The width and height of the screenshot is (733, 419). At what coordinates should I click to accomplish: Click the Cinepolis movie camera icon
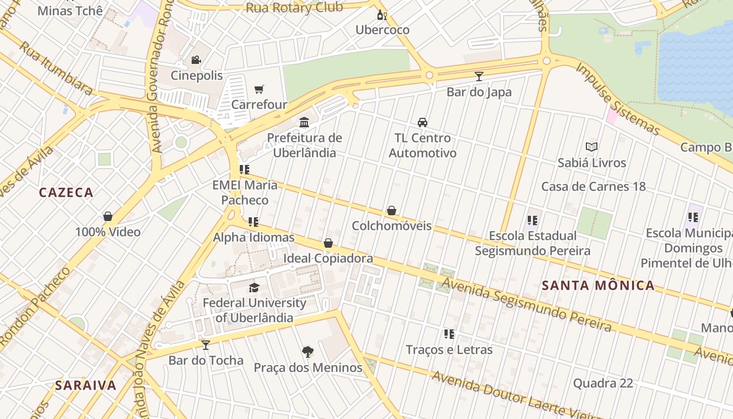[x=196, y=60]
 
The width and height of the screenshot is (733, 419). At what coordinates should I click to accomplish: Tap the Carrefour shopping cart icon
[x=259, y=89]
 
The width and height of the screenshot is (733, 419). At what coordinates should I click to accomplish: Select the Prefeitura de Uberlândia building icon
[x=304, y=123]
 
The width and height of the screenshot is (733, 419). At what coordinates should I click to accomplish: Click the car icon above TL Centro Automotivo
[x=423, y=123]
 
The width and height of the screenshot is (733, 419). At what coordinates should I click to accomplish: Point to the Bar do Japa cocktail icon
[x=479, y=76]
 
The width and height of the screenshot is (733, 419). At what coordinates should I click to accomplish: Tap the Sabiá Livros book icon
[x=592, y=147]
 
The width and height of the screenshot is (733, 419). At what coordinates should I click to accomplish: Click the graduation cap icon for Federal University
[x=254, y=288]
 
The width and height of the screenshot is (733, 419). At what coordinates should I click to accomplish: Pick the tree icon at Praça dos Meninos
[x=308, y=352]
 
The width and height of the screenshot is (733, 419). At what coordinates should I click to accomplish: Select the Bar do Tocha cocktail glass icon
[x=206, y=345]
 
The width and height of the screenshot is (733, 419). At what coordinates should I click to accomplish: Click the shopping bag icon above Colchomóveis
[x=391, y=211]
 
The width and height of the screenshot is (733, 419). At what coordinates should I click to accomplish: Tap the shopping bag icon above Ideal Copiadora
[x=328, y=243]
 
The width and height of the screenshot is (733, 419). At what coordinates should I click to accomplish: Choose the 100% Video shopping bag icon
[x=108, y=216]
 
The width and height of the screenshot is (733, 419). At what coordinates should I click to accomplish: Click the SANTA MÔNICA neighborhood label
[x=598, y=285]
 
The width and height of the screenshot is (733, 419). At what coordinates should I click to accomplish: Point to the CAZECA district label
[x=66, y=192]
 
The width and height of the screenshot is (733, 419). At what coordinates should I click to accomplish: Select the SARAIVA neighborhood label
[x=86, y=385]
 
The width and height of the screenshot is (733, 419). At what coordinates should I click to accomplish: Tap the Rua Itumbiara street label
[x=56, y=68]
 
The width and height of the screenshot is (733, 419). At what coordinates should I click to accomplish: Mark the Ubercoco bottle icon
[x=382, y=15]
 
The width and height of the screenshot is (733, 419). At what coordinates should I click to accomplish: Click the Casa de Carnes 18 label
[x=593, y=186]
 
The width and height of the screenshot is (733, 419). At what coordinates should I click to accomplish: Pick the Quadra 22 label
[x=603, y=383]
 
